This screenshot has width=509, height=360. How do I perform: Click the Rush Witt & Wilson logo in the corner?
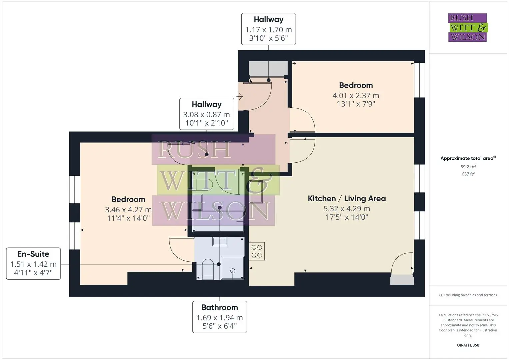(468, 27)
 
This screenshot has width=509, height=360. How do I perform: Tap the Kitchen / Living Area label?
(347, 198)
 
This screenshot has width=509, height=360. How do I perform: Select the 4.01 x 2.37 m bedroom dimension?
(356, 95)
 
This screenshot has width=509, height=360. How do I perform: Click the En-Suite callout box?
(33, 264)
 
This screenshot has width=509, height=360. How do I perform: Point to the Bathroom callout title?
(220, 307)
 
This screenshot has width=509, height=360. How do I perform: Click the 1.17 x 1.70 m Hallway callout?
(269, 29)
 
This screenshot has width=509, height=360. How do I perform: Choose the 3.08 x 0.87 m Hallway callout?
(207, 114)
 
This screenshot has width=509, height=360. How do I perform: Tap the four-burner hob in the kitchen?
(257, 251)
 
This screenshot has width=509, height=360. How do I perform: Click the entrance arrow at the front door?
(240, 96)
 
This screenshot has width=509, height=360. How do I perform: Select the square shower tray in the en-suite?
(232, 268)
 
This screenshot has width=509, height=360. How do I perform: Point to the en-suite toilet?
(208, 269)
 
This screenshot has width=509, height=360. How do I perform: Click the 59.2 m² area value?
(468, 167)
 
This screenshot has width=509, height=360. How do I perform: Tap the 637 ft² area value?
(468, 174)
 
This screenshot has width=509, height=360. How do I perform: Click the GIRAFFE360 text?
(468, 345)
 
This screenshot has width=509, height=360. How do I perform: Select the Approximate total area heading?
(468, 158)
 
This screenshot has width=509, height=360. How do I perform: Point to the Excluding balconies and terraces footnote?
(468, 295)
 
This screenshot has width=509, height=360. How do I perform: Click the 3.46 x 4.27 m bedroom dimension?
(128, 210)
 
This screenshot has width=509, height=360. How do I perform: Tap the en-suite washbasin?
(220, 241)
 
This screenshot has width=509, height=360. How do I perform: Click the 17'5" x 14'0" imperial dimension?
(347, 217)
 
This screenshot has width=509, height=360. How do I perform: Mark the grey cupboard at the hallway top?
(268, 69)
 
